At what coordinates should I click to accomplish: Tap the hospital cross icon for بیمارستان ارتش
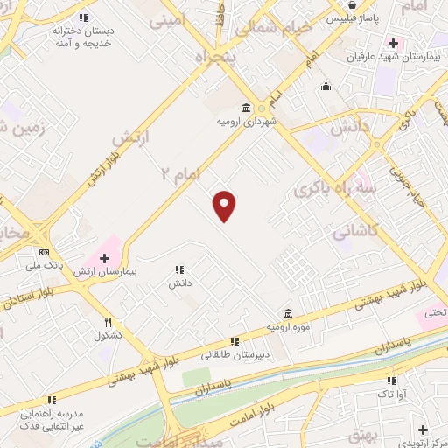tap(104, 258)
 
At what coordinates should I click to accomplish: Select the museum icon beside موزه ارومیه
tap(288, 313)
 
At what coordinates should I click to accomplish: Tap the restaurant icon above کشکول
tap(108, 322)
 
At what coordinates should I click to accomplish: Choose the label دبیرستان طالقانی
tap(233, 354)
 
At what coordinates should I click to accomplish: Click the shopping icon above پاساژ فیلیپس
tap(351, 3)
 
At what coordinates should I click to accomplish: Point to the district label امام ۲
tap(181, 172)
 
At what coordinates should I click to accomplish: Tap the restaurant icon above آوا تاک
tap(391, 381)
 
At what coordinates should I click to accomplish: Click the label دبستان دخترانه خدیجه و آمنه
tap(84, 36)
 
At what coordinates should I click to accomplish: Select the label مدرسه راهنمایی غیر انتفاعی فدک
tap(52, 417)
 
